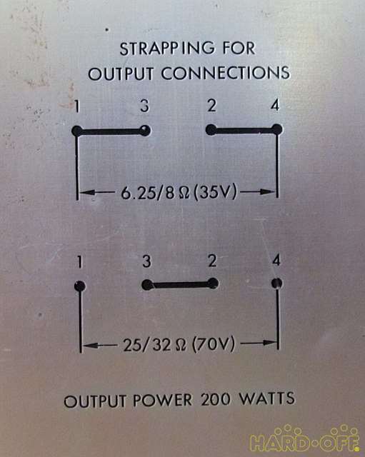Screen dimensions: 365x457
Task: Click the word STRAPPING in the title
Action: (x=167, y=49)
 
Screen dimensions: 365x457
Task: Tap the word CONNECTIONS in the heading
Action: (x=226, y=73)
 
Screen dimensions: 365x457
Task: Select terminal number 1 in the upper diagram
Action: (x=76, y=106)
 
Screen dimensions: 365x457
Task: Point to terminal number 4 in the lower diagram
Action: (x=276, y=260)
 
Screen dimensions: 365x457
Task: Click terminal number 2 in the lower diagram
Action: (x=213, y=261)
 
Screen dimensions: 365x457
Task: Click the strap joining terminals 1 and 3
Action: (x=111, y=131)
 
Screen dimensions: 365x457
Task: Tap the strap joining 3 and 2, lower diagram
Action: (x=180, y=284)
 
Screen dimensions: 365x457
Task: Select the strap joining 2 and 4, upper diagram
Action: (x=244, y=130)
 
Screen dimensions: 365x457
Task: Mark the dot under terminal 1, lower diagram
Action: (x=80, y=286)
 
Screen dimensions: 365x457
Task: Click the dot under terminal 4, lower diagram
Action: (x=276, y=283)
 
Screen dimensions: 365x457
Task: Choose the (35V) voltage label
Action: (x=215, y=192)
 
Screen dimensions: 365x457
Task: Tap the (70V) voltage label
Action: (x=214, y=344)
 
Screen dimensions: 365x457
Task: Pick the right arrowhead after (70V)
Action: (x=269, y=343)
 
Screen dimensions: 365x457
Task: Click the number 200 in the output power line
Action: (x=216, y=400)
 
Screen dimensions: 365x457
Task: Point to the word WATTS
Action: (x=267, y=398)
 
